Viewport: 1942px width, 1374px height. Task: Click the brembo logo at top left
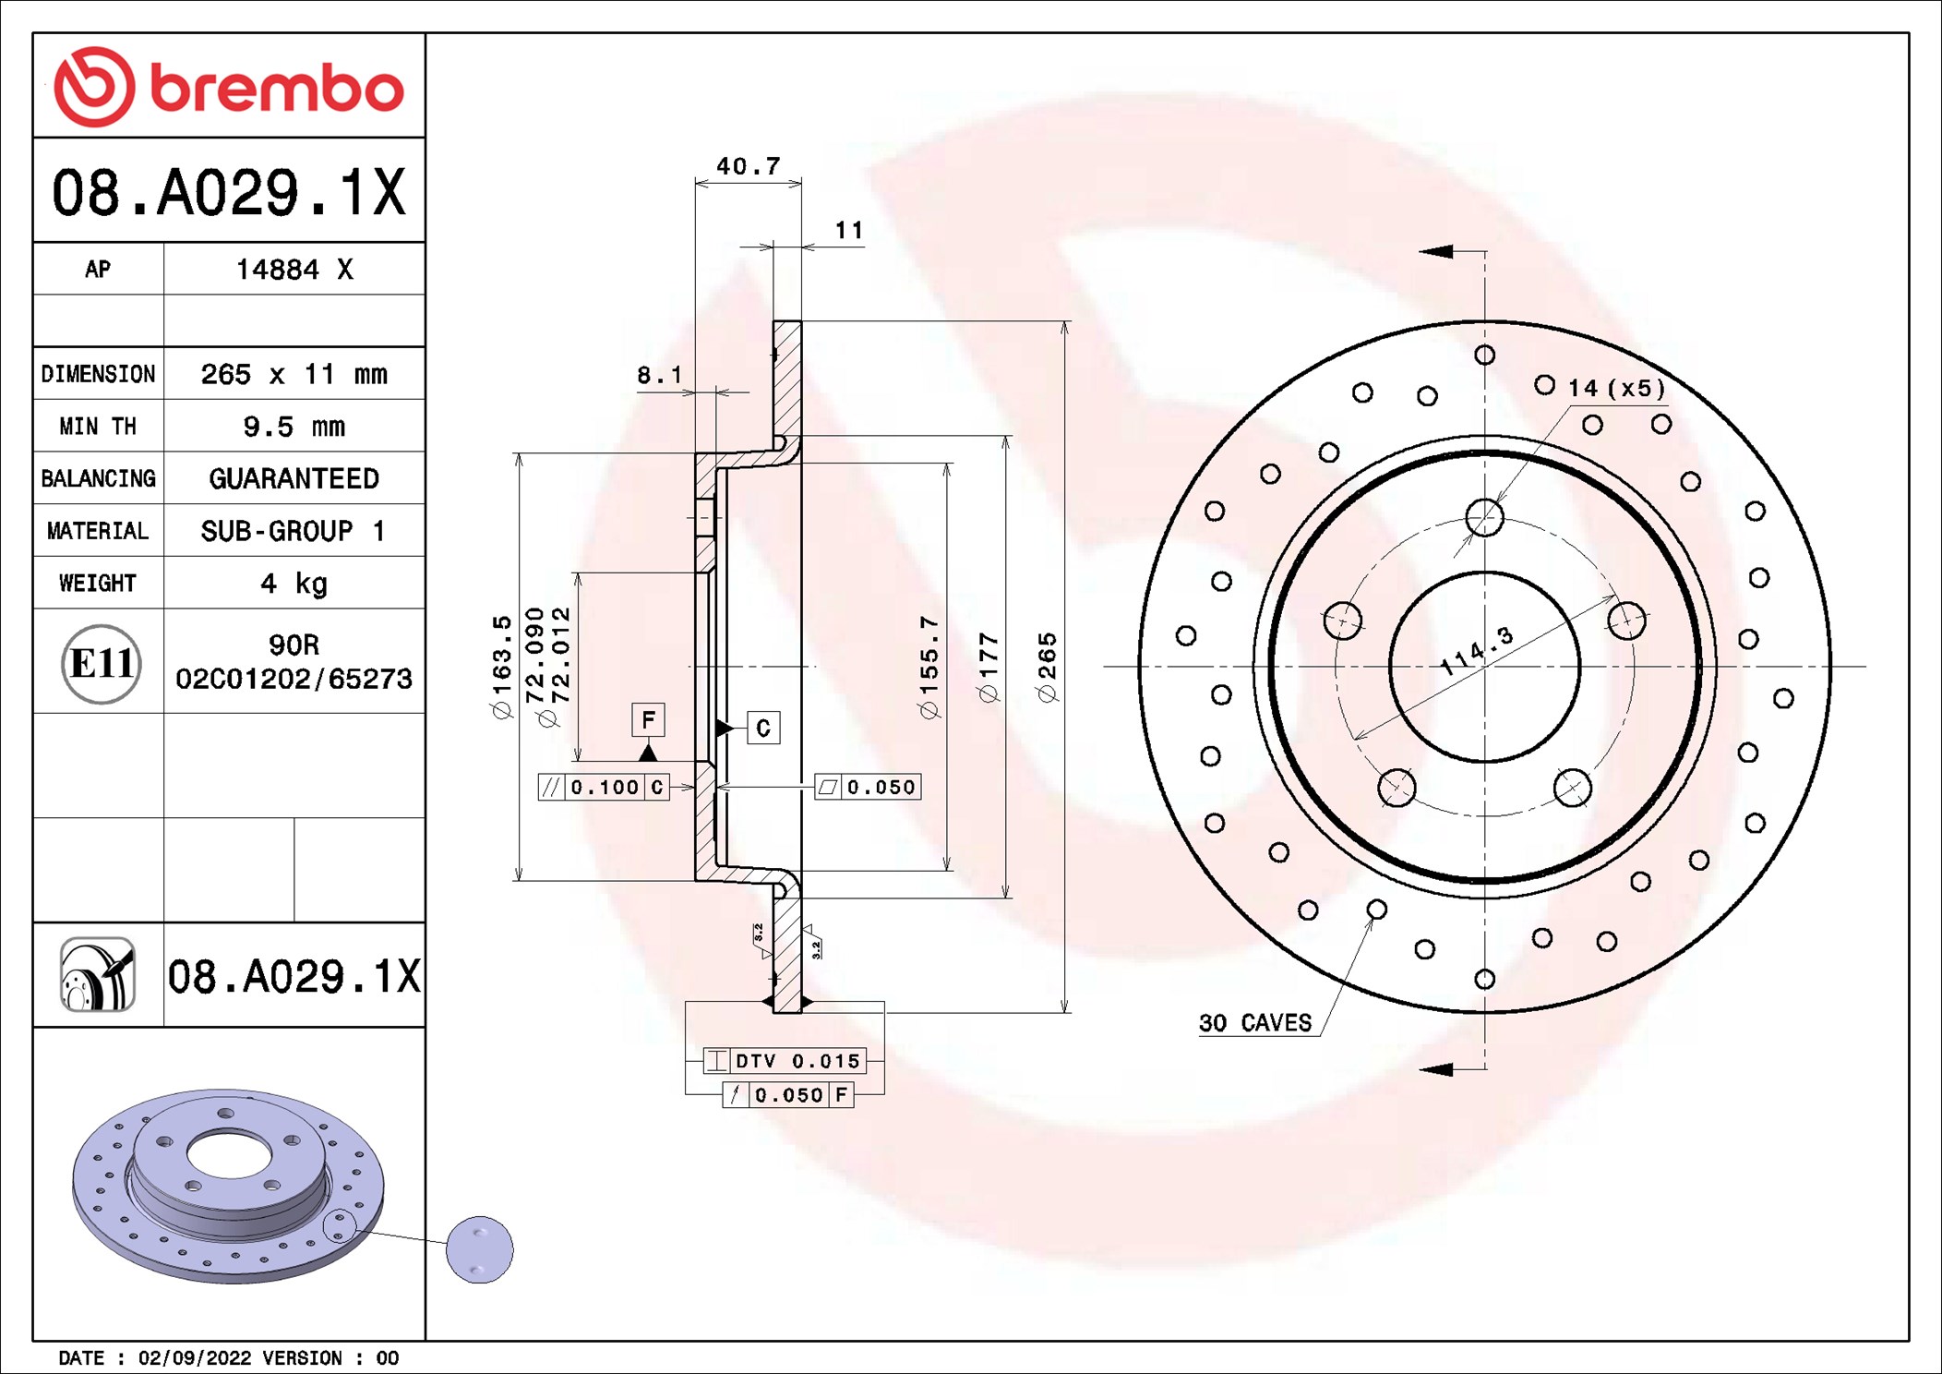(229, 87)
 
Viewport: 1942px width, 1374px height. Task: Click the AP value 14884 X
(294, 270)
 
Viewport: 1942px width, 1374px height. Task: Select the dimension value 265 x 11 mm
(294, 374)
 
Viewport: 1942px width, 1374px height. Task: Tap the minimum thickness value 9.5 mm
(294, 427)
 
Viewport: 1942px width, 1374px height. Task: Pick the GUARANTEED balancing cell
(294, 478)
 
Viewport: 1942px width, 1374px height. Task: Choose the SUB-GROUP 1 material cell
(294, 531)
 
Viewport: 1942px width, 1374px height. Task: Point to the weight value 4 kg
(294, 584)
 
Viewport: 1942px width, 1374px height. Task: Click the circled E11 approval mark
(102, 664)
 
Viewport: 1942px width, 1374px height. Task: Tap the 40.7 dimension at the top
(749, 166)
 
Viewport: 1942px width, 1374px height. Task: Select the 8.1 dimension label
(660, 375)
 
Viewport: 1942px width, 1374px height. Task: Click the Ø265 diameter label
(1048, 667)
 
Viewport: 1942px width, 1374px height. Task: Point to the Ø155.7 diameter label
(929, 667)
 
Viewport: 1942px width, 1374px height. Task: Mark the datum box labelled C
(763, 728)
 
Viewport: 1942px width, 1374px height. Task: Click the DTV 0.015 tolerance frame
(785, 1061)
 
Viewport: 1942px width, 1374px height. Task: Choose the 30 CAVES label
(1255, 1023)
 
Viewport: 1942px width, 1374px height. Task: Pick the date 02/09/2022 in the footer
(195, 1358)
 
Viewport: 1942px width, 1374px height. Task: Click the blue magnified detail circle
(479, 1249)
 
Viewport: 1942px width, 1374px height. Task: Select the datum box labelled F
(649, 720)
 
